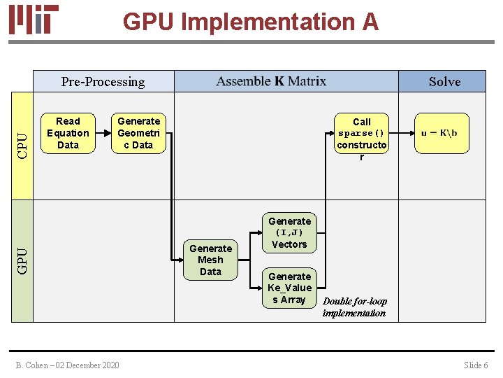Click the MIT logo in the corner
click(x=34, y=20)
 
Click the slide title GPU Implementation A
click(x=250, y=22)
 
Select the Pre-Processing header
click(x=103, y=82)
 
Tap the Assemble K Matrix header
click(x=271, y=81)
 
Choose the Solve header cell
click(x=444, y=82)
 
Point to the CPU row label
click(x=22, y=145)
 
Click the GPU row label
click(x=22, y=260)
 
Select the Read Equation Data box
click(x=68, y=133)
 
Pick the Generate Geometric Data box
click(x=138, y=133)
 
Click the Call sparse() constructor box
click(x=361, y=139)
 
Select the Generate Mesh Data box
click(x=210, y=260)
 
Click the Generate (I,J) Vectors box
click(x=289, y=233)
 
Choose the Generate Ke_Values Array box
click(x=289, y=288)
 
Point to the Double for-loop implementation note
click(x=354, y=307)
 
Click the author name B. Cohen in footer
click(x=34, y=365)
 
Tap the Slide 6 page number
click(x=476, y=365)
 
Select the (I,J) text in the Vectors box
click(x=289, y=232)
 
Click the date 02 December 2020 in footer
click(x=89, y=365)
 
